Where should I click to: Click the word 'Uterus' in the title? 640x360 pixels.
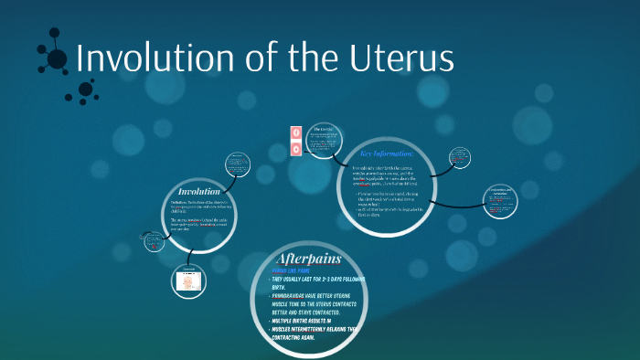coord(401,58)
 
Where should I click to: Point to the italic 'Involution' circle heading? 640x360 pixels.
coord(198,191)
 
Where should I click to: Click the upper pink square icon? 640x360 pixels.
coord(295,131)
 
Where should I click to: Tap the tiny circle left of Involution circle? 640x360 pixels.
coord(152,242)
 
